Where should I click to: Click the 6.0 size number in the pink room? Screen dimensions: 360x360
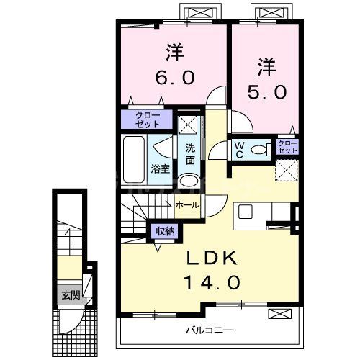tap(173, 77)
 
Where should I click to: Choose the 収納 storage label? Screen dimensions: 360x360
tap(165, 232)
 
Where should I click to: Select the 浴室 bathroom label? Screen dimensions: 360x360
tap(160, 169)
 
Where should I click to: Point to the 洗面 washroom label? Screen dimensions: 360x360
tap(189, 153)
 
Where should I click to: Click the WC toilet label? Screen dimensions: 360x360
tap(239, 150)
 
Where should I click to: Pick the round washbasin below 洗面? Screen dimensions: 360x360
tap(189, 181)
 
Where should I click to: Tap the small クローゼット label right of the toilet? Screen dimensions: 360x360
tap(287, 148)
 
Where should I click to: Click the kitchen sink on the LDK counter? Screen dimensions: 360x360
tap(246, 212)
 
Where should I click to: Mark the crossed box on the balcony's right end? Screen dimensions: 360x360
tap(282, 314)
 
